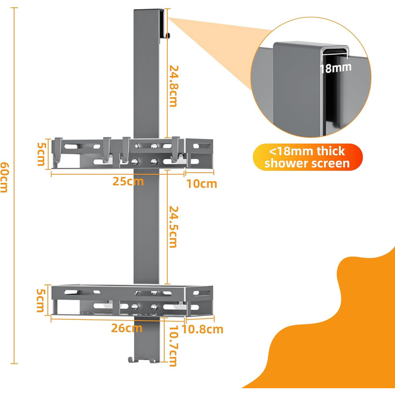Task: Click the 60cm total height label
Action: click(5, 177)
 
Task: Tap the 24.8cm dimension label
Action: click(174, 86)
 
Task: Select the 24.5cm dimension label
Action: click(174, 227)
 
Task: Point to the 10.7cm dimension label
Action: click(173, 346)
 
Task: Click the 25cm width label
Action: click(128, 181)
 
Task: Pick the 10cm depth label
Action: click(201, 184)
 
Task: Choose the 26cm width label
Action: click(127, 328)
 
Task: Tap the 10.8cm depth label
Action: click(203, 330)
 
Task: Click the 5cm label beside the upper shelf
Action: click(42, 154)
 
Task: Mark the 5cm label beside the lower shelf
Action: click(41, 300)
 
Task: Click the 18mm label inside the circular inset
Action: click(335, 68)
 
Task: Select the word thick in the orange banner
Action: click(331, 151)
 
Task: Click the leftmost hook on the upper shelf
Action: click(57, 151)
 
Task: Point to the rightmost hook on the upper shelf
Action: click(175, 149)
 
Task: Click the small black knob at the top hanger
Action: click(168, 36)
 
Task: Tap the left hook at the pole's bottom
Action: click(133, 360)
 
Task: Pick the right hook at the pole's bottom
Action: click(153, 360)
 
